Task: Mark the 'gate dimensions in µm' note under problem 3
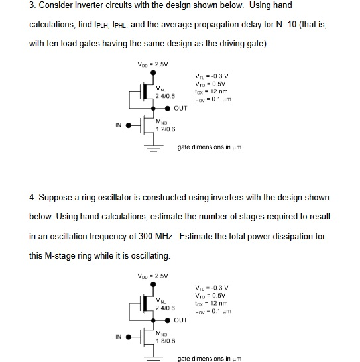(x=209, y=147)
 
